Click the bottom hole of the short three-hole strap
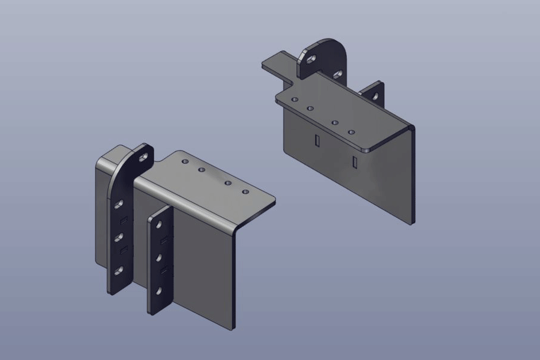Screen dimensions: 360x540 tap(160, 292)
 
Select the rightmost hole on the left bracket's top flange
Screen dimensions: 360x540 tap(245, 192)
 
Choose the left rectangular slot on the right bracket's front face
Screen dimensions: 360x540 tap(316, 140)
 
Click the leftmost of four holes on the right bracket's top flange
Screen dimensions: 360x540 tap(294, 100)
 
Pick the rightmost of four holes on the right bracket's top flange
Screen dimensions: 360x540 tap(352, 131)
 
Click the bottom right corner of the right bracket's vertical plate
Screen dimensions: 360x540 tap(412, 222)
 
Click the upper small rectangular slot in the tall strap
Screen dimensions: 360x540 tap(123, 219)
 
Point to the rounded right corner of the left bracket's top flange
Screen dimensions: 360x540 tap(272, 203)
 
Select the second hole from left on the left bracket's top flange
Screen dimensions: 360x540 tap(202, 170)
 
